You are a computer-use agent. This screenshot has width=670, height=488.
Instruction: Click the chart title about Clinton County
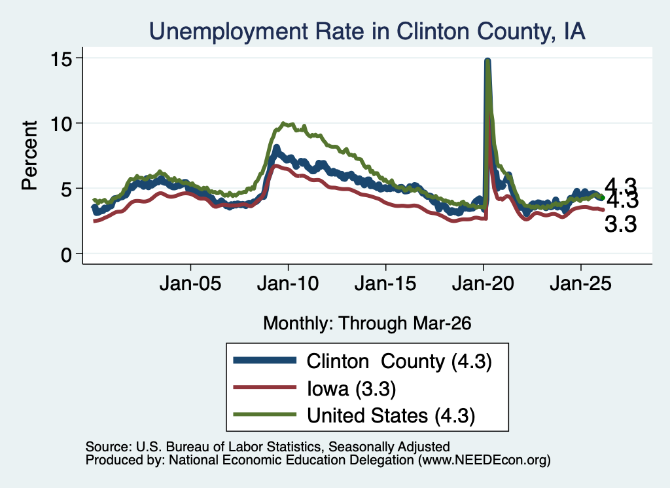367,31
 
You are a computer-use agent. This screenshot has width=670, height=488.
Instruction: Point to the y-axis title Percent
29,155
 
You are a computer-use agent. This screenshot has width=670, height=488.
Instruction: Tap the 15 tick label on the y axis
60,58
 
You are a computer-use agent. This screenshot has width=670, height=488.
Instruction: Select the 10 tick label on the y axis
60,124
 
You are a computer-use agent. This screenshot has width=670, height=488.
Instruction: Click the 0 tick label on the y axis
66,255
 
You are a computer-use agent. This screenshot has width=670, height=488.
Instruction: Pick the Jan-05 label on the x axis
190,284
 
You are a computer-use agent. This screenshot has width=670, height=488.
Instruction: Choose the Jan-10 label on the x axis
288,284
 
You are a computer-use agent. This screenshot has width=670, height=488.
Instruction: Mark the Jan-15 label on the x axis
385,284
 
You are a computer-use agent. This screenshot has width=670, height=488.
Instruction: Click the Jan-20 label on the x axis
483,284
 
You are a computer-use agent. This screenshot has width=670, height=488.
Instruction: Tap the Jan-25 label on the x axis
581,284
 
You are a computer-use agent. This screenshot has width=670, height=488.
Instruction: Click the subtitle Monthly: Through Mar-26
367,324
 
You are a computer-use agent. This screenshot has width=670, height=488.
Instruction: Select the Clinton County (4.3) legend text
399,362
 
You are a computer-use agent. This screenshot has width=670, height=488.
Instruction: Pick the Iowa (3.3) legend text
351,389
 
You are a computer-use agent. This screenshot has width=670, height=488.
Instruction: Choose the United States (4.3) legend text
391,416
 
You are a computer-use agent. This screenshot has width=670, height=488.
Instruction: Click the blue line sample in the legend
265,360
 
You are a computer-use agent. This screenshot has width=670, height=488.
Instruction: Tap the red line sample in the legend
265,388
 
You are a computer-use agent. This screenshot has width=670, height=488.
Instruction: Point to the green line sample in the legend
265,415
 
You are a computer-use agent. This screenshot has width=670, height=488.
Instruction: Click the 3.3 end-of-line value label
620,224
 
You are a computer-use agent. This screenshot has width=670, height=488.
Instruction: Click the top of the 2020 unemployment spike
487,60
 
